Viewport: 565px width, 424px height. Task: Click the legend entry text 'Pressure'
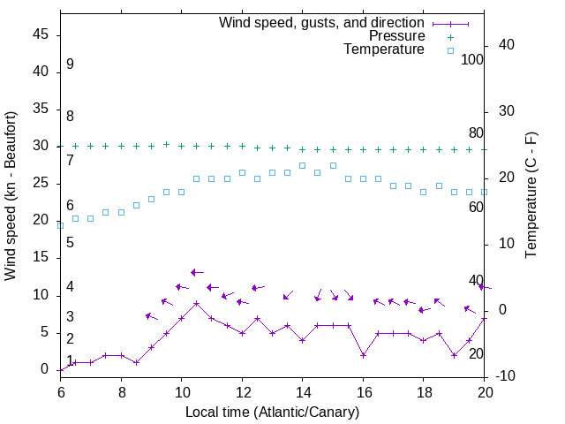click(x=396, y=36)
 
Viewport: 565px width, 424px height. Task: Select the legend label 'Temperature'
click(x=384, y=49)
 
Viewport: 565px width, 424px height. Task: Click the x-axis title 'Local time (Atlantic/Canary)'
click(x=273, y=412)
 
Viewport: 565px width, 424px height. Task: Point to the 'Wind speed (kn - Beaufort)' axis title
click(x=11, y=196)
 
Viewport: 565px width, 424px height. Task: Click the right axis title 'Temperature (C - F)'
click(x=531, y=196)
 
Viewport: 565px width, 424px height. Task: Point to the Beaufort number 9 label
click(x=70, y=64)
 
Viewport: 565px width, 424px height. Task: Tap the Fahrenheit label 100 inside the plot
click(x=472, y=60)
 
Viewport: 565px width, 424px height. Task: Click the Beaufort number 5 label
click(x=70, y=242)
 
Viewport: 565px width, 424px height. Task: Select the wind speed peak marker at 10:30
click(x=196, y=303)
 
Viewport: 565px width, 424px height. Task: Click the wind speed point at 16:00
click(x=363, y=355)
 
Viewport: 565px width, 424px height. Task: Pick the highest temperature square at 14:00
click(x=302, y=165)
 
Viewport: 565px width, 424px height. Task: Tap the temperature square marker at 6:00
click(x=60, y=225)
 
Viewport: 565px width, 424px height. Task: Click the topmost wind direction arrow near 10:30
click(x=197, y=272)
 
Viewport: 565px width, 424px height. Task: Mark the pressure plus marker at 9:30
click(x=166, y=144)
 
